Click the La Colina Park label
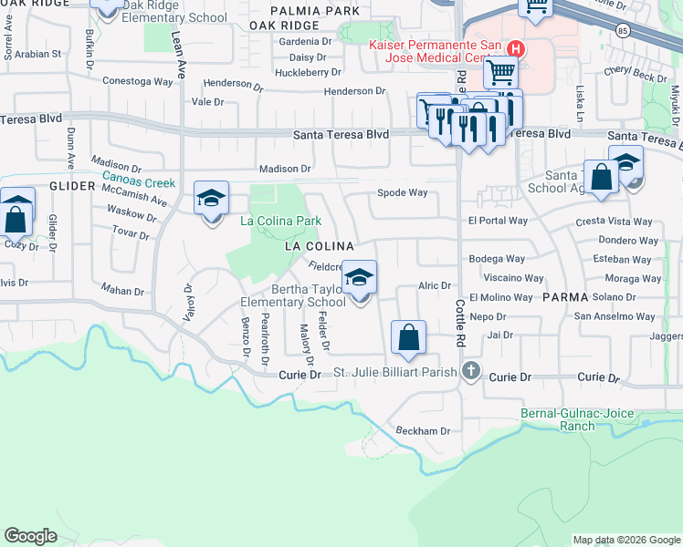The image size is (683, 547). (280, 221)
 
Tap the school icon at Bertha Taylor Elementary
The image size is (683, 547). (360, 278)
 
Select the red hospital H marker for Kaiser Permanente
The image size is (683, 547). (516, 47)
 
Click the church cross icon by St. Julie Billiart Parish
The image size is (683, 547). (470, 370)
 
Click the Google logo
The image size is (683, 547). (30, 536)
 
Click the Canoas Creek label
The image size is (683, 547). (138, 181)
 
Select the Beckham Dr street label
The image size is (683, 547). (423, 430)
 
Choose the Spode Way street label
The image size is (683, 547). (403, 192)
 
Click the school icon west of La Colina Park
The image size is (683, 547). (211, 200)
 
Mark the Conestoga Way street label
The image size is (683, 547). (137, 81)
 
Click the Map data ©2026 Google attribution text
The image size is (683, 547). (625, 540)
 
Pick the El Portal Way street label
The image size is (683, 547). (498, 221)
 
